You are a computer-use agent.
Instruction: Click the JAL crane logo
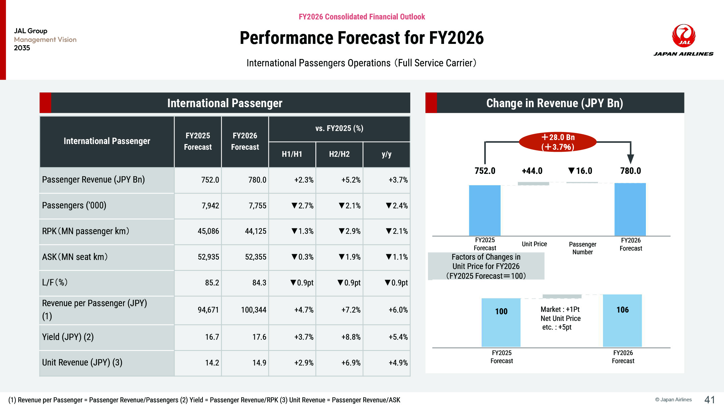[x=683, y=36]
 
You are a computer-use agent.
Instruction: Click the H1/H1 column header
[x=292, y=154]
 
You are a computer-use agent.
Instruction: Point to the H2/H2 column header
[x=339, y=154]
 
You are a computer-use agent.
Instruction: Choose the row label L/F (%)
[x=55, y=282]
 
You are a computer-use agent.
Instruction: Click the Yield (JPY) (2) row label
[x=68, y=337]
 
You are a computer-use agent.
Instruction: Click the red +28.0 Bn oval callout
[x=558, y=142]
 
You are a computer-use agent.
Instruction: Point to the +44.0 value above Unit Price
[x=532, y=171]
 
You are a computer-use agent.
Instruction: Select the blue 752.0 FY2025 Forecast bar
[x=485, y=210]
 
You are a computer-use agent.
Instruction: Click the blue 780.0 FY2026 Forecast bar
[x=630, y=209]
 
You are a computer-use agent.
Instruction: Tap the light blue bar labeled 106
[x=622, y=321]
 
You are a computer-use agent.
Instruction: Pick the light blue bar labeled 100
[x=501, y=322]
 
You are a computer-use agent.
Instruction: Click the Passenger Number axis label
[x=583, y=248]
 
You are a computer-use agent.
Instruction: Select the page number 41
[x=710, y=400]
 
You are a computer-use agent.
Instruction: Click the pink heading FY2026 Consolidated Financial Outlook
[x=362, y=17]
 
